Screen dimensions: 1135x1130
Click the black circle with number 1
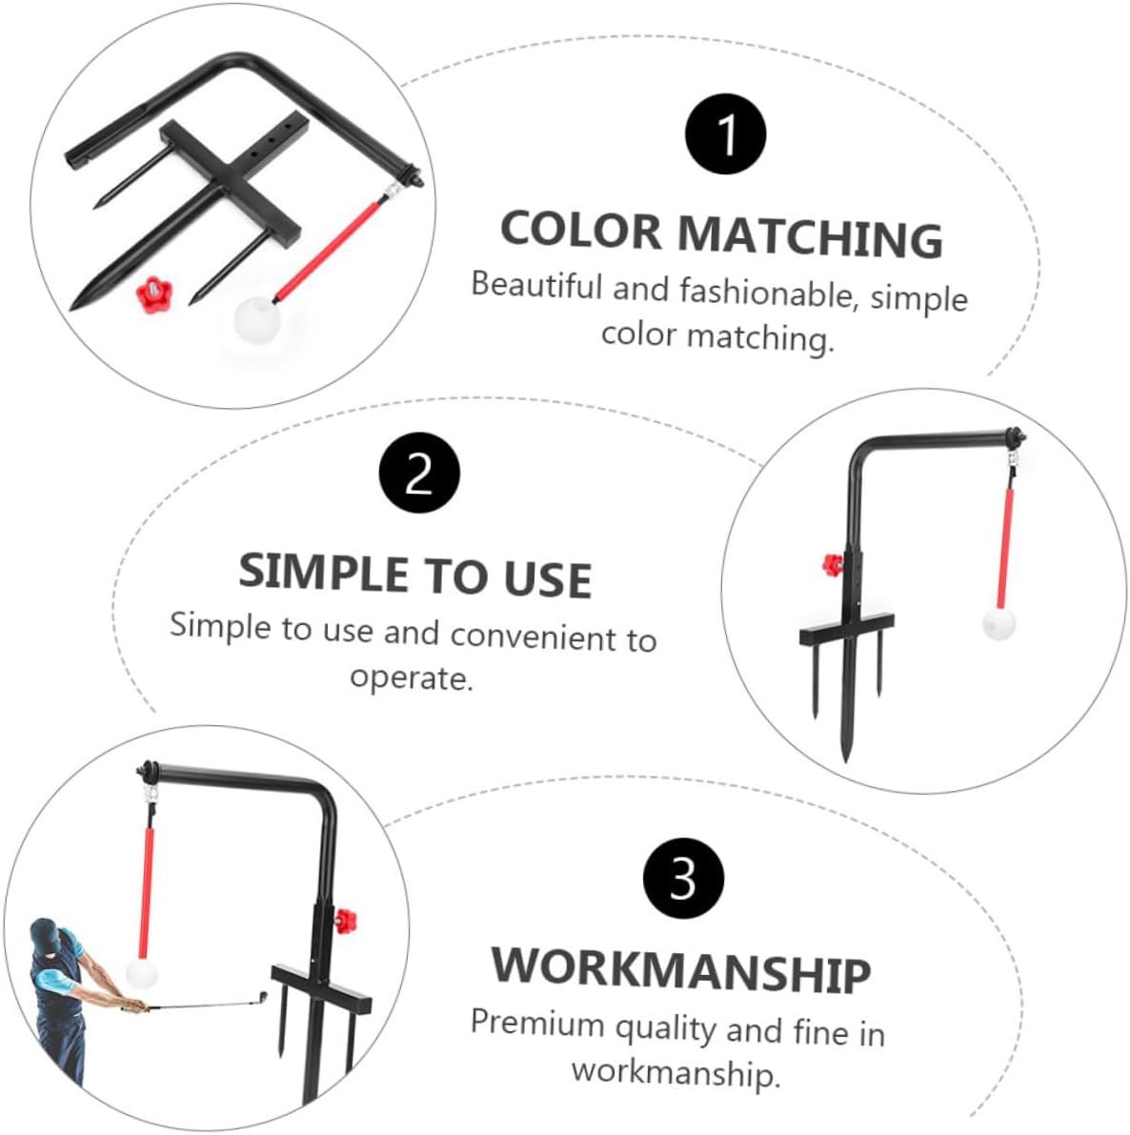click(725, 134)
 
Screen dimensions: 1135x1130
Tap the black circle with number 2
click(419, 473)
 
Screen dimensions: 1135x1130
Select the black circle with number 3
click(683, 878)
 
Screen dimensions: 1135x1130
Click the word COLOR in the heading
click(580, 231)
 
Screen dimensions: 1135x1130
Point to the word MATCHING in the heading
click(811, 236)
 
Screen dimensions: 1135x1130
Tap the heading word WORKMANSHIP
click(681, 969)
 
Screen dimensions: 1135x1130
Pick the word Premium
click(537, 1023)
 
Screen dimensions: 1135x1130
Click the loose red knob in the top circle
click(151, 294)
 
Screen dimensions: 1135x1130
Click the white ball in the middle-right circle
click(999, 623)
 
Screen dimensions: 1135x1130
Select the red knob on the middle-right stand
click(833, 564)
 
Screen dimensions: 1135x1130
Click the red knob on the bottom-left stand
click(345, 921)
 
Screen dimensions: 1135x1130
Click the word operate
click(411, 679)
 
